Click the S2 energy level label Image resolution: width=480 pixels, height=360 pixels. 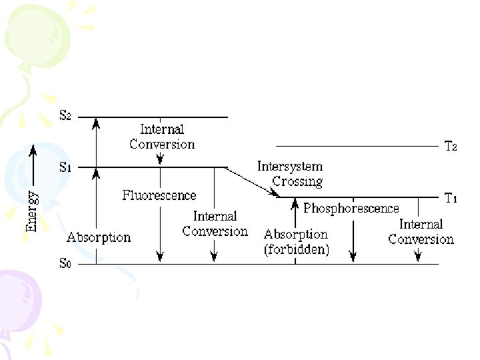65,116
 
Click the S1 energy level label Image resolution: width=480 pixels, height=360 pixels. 65,167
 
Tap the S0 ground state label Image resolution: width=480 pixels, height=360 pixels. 65,263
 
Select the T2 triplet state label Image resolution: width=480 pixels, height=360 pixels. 451,146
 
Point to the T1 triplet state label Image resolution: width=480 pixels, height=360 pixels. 451,198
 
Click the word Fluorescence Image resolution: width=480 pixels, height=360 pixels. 159,195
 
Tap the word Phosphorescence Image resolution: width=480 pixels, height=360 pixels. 351,209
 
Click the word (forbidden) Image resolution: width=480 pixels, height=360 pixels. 296,249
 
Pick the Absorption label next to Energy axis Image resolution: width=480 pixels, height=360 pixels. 99,237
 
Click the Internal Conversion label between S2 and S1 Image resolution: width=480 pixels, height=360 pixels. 162,137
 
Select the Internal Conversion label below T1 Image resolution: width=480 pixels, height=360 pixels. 421,232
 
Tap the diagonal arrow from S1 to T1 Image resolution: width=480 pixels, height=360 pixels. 252,181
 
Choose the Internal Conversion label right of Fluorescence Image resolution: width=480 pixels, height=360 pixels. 215,224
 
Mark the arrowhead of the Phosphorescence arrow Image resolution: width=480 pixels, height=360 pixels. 353,255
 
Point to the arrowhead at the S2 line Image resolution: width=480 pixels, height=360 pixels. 97,122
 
